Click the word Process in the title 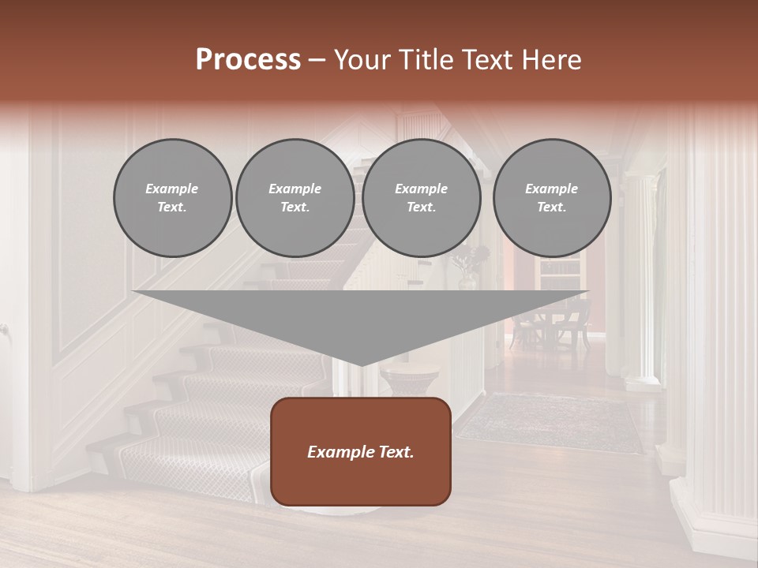(x=248, y=59)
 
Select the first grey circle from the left (x=173, y=198)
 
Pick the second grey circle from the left (x=295, y=198)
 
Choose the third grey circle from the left (x=422, y=198)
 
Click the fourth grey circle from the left (x=552, y=198)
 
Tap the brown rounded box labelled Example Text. (x=361, y=451)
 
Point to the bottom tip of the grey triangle (x=361, y=364)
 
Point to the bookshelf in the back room (x=559, y=276)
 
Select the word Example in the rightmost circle (x=552, y=189)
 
